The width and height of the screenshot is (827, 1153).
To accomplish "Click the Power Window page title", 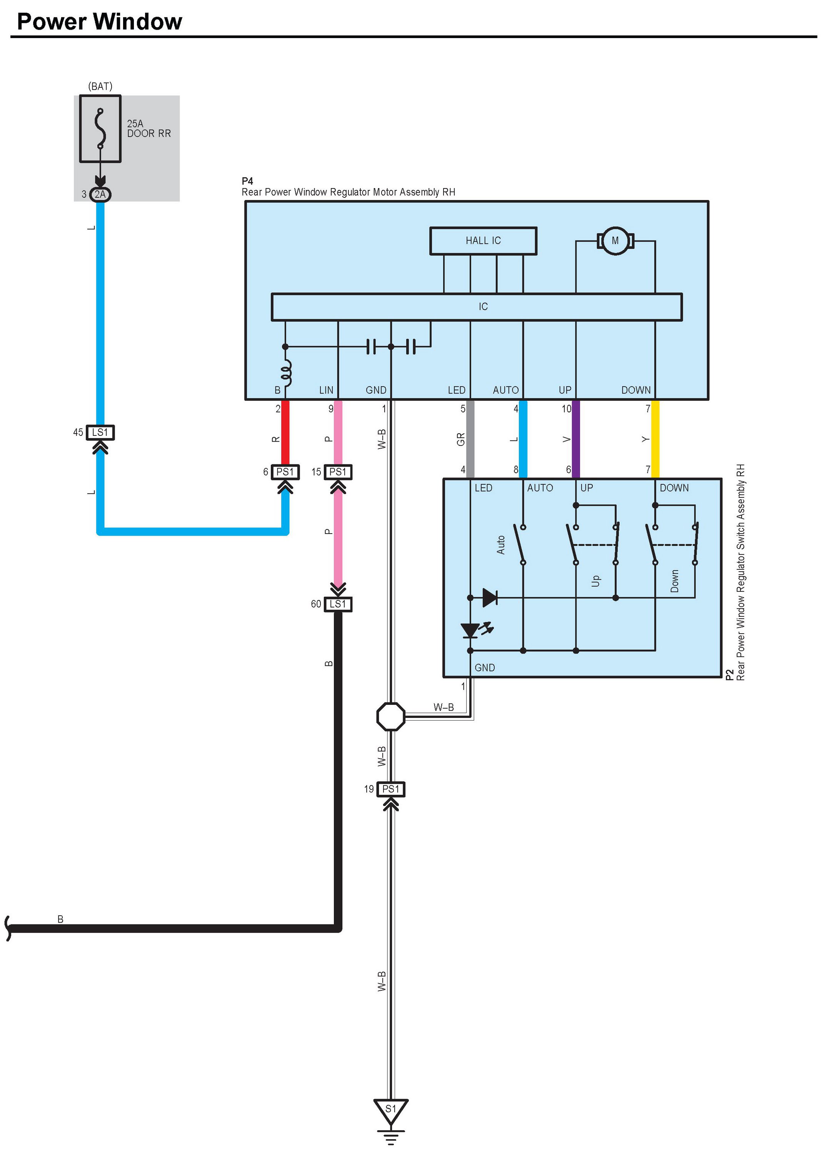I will coord(99,22).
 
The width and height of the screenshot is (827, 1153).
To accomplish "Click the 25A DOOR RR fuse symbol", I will coord(100,128).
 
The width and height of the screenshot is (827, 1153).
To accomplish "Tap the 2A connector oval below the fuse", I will coord(100,194).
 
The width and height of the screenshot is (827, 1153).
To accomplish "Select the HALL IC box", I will coord(483,240).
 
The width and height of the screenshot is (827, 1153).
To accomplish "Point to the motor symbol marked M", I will coord(615,240).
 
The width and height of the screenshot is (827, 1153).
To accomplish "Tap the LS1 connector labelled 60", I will coord(338,604).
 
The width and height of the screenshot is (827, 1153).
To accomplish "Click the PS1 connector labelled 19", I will coord(391,789).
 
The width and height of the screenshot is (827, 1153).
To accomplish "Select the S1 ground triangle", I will coord(391,1111).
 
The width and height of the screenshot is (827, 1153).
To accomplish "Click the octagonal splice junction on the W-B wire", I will coord(391,717).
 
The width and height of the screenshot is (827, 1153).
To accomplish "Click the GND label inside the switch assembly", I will coord(484,667).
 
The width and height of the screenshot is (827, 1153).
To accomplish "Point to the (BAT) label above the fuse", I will coord(100,87).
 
